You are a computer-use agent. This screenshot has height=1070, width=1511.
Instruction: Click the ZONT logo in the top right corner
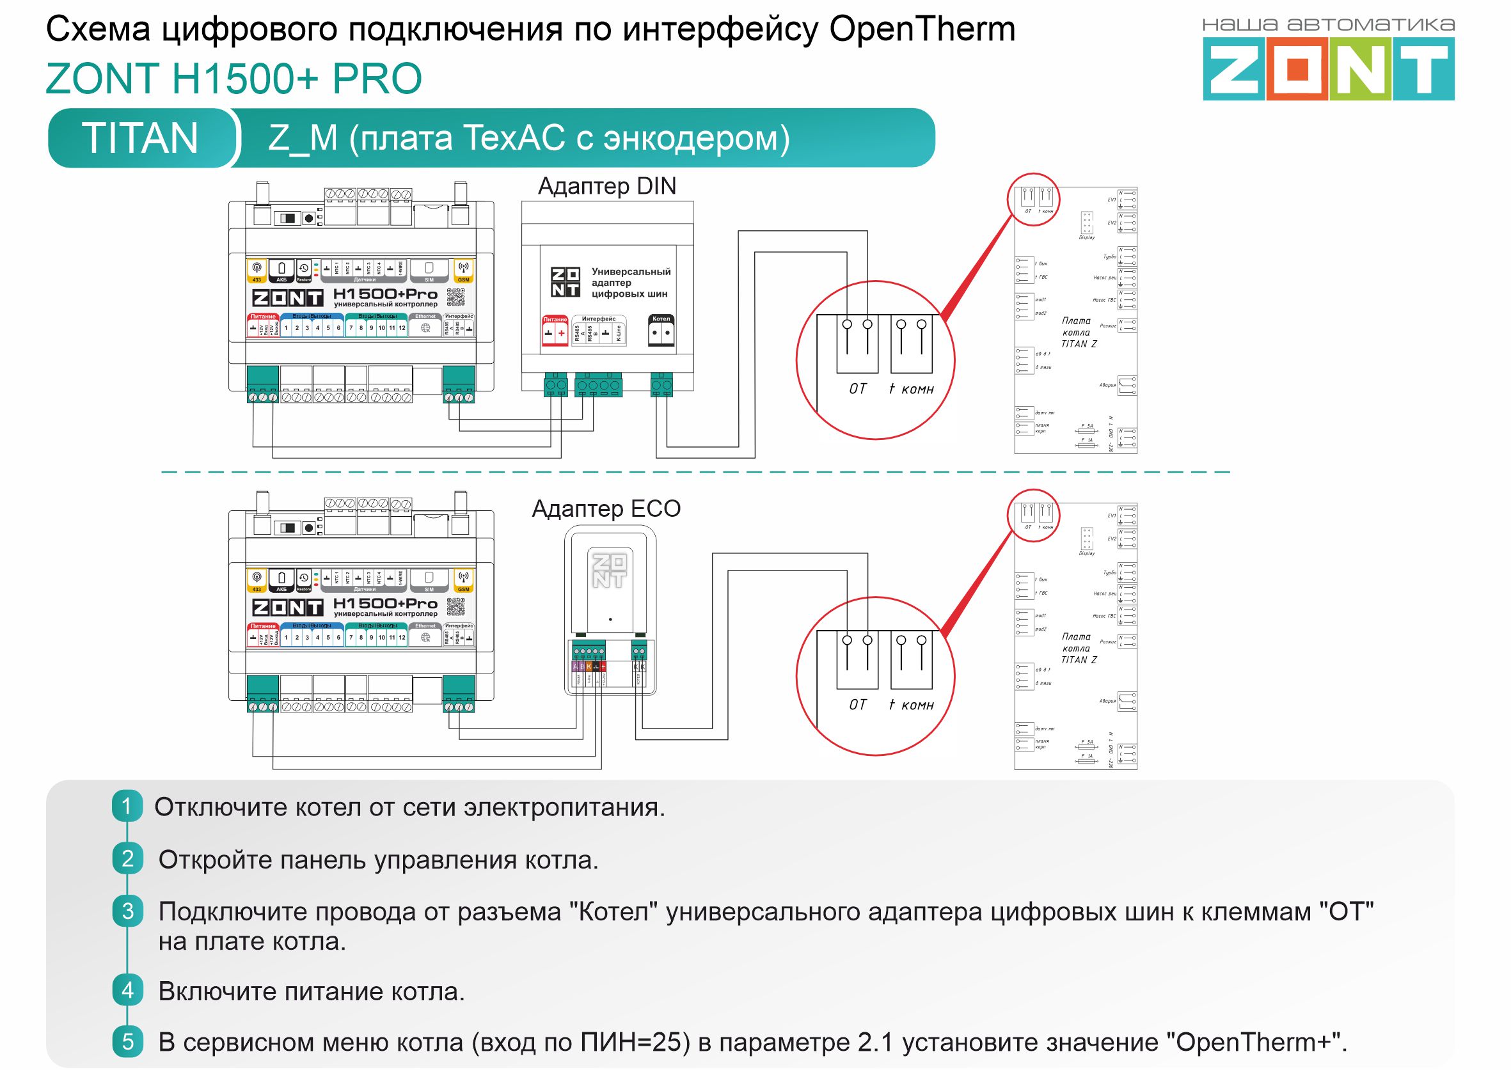[x=1328, y=68]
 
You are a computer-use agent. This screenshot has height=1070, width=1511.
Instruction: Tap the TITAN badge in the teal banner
[x=139, y=138]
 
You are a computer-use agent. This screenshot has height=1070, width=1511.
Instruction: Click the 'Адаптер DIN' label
[x=607, y=187]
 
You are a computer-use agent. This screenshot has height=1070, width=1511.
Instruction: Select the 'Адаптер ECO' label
[x=606, y=508]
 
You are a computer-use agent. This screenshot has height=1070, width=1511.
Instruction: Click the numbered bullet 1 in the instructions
[x=127, y=806]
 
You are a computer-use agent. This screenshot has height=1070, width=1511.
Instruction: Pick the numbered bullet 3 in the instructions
[x=127, y=911]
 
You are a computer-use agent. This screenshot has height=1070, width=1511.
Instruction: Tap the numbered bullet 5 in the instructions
[x=127, y=1041]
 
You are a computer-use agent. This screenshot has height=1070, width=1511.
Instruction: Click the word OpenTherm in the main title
[x=922, y=29]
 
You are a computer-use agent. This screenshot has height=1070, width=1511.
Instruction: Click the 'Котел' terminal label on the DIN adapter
[x=661, y=319]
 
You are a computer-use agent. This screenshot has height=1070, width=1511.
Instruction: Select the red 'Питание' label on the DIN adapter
[x=555, y=320]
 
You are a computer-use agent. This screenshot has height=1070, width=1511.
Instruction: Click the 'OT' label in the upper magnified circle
[x=858, y=389]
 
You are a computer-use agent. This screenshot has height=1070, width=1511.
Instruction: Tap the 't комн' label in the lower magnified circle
[x=911, y=705]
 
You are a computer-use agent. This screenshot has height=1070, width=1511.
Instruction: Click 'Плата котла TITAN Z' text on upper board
[x=1078, y=332]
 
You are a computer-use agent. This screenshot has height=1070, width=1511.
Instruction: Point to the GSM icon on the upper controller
[x=463, y=270]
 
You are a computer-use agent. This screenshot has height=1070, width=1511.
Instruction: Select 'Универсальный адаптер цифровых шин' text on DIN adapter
[x=630, y=283]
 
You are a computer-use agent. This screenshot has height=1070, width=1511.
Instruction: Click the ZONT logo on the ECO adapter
[x=609, y=570]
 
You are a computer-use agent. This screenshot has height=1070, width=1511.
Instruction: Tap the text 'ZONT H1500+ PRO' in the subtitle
[x=234, y=79]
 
